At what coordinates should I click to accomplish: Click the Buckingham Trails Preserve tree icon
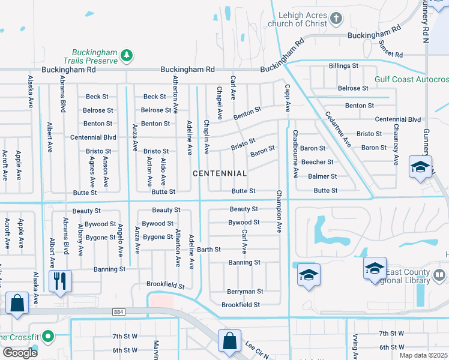tap(126, 56)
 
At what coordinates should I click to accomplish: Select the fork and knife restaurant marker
tap(60, 280)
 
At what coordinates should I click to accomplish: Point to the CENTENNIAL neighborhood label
tap(219, 173)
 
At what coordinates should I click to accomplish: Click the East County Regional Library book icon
tap(439, 274)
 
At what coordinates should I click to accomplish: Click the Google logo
tap(20, 353)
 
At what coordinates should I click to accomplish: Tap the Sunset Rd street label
tap(391, 54)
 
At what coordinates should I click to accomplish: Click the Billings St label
tap(343, 65)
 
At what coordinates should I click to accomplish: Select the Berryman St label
tap(245, 292)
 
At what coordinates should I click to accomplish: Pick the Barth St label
tap(209, 249)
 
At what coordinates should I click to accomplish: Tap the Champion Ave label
tap(279, 211)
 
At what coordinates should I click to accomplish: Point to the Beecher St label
tap(317, 162)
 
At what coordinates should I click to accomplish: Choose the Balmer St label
tap(322, 176)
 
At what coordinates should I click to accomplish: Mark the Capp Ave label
tap(287, 98)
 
